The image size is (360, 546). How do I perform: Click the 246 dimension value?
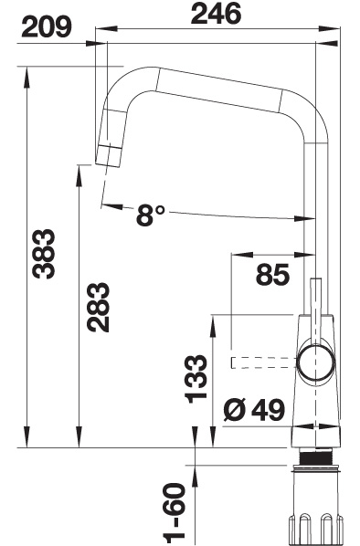click(216, 14)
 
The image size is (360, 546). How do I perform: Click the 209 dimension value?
click(47, 27)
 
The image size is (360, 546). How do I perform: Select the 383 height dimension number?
click(44, 254)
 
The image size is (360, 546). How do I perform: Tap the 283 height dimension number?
click(99, 307)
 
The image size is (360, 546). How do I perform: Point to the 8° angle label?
click(150, 215)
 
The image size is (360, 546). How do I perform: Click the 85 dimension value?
click(272, 275)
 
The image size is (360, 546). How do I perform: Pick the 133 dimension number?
click(196, 379)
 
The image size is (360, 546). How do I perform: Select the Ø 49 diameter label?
click(254, 410)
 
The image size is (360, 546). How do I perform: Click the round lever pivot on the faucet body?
click(316, 363)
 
